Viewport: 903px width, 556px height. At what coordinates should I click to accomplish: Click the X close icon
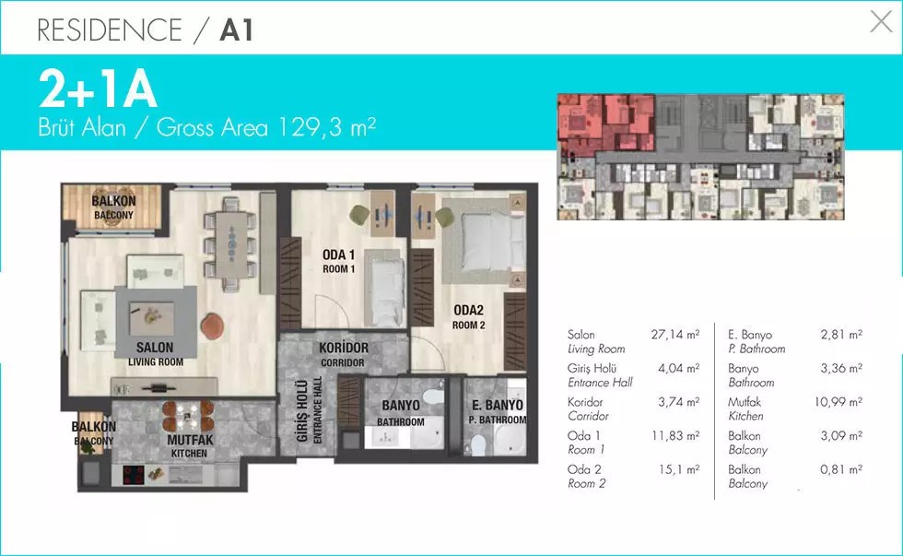881,22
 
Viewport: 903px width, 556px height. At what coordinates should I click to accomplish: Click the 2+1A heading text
98,89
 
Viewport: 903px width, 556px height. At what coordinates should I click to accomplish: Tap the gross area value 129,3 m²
326,126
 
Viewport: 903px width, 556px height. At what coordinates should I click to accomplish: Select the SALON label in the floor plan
155,348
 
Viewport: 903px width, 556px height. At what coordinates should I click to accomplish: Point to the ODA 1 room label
339,254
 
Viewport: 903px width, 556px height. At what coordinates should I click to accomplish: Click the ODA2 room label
468,311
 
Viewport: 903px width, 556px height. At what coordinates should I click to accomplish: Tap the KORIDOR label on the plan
343,348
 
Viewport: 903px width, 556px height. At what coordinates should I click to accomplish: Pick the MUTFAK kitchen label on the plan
190,440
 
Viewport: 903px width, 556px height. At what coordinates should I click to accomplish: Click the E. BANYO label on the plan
498,405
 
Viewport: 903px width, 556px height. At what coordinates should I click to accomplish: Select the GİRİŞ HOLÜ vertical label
302,411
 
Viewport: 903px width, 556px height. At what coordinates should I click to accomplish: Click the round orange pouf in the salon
212,325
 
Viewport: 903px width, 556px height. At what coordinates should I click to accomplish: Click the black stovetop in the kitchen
134,476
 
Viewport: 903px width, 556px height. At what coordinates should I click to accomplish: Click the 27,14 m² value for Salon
674,334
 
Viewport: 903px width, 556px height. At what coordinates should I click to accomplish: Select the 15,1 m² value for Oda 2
679,469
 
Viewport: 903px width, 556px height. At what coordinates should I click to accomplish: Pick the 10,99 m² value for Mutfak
838,402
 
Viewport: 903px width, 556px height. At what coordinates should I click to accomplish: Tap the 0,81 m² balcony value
840,469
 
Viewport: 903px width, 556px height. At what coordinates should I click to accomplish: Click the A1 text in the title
236,30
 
